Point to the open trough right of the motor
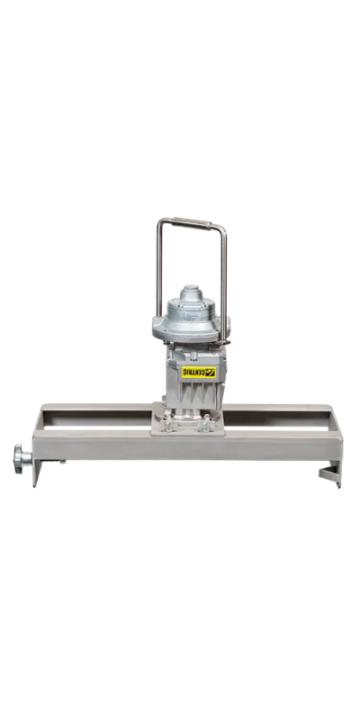(279, 416)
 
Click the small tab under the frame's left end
(63, 464)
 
